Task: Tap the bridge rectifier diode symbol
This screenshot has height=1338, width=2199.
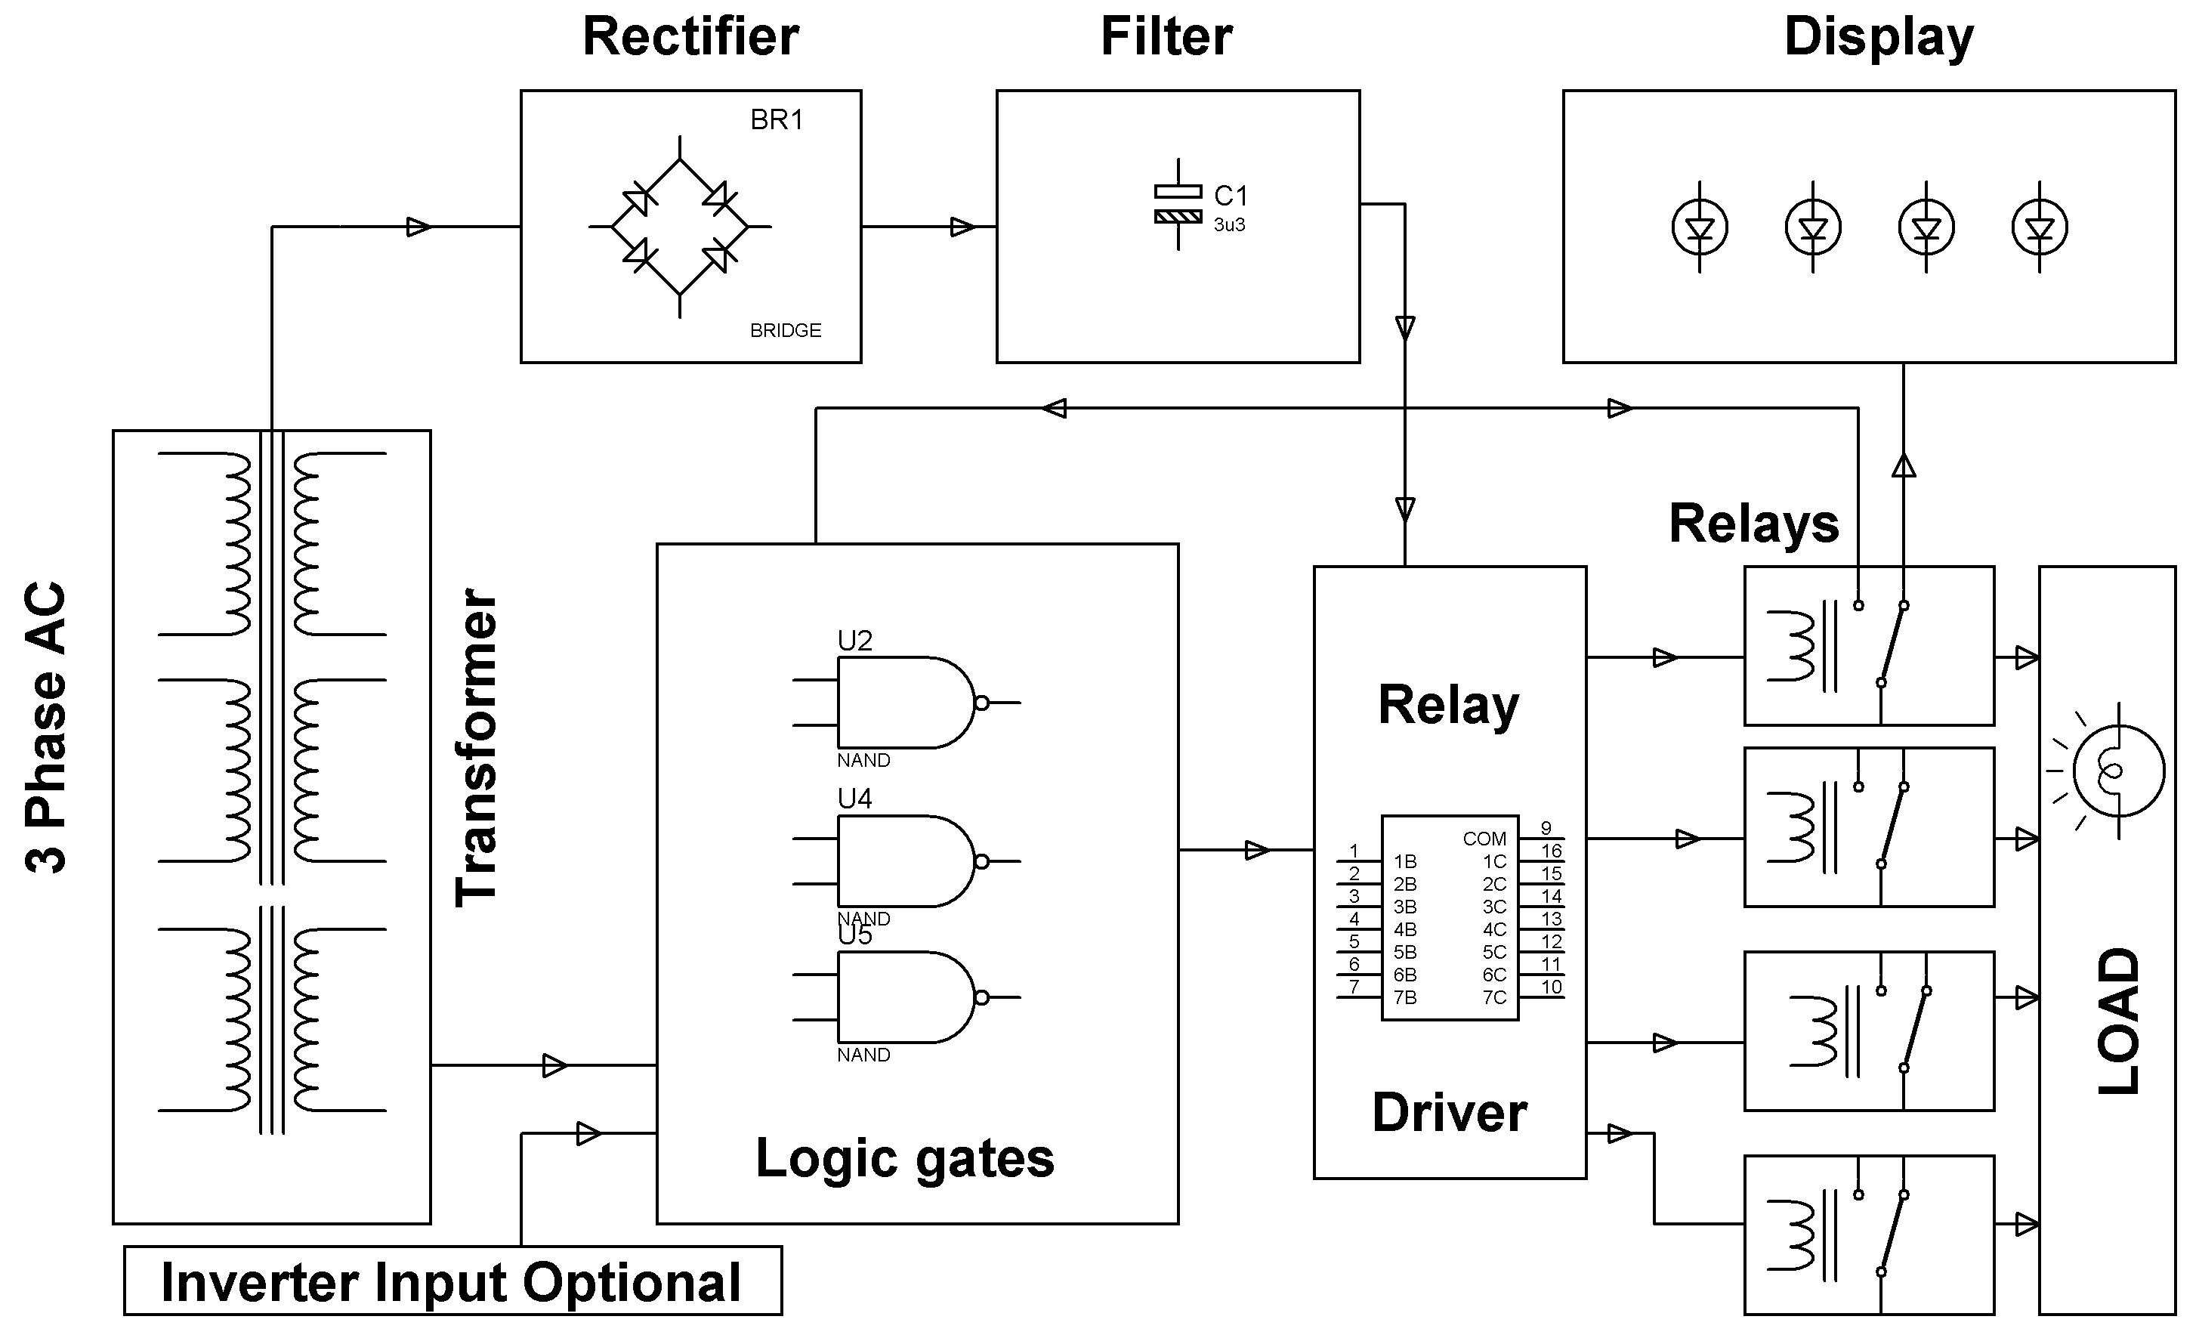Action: [680, 227]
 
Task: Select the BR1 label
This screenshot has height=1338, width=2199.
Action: [777, 119]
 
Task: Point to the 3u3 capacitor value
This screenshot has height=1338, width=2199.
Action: [1229, 225]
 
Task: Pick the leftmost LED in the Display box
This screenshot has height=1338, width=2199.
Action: [1699, 227]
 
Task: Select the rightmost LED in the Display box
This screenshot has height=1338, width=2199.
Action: [2040, 227]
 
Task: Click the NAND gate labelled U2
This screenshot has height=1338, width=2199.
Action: [906, 703]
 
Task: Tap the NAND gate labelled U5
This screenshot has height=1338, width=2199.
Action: [906, 997]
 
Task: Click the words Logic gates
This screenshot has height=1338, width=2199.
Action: [905, 1159]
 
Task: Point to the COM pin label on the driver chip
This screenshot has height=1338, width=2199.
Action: [1484, 839]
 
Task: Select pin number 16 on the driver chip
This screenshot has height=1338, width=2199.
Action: [1551, 851]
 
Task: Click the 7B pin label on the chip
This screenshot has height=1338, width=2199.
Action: [1405, 998]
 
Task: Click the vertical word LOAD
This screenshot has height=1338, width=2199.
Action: [2119, 1021]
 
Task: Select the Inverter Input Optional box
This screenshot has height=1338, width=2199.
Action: [452, 1281]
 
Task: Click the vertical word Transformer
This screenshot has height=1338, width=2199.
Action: [477, 748]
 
